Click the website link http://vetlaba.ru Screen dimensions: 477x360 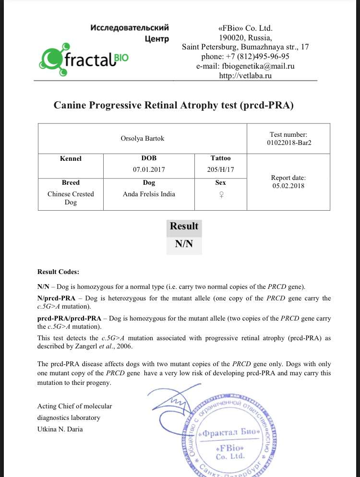pyautogui.click(x=245, y=76)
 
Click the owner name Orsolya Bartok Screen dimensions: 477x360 pyautogui.click(x=142, y=139)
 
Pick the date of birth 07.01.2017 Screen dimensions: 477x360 pyautogui.click(x=148, y=169)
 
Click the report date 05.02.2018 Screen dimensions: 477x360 pyautogui.click(x=288, y=186)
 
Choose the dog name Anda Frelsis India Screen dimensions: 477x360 pyautogui.click(x=149, y=194)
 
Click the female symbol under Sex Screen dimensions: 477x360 pyautogui.click(x=221, y=194)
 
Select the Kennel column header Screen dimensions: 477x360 pyautogui.click(x=71, y=158)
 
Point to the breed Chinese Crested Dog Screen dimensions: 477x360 pyautogui.click(x=71, y=198)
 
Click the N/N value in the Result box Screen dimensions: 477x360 pyautogui.click(x=184, y=244)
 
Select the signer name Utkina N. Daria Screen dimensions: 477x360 pyautogui.click(x=60, y=429)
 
